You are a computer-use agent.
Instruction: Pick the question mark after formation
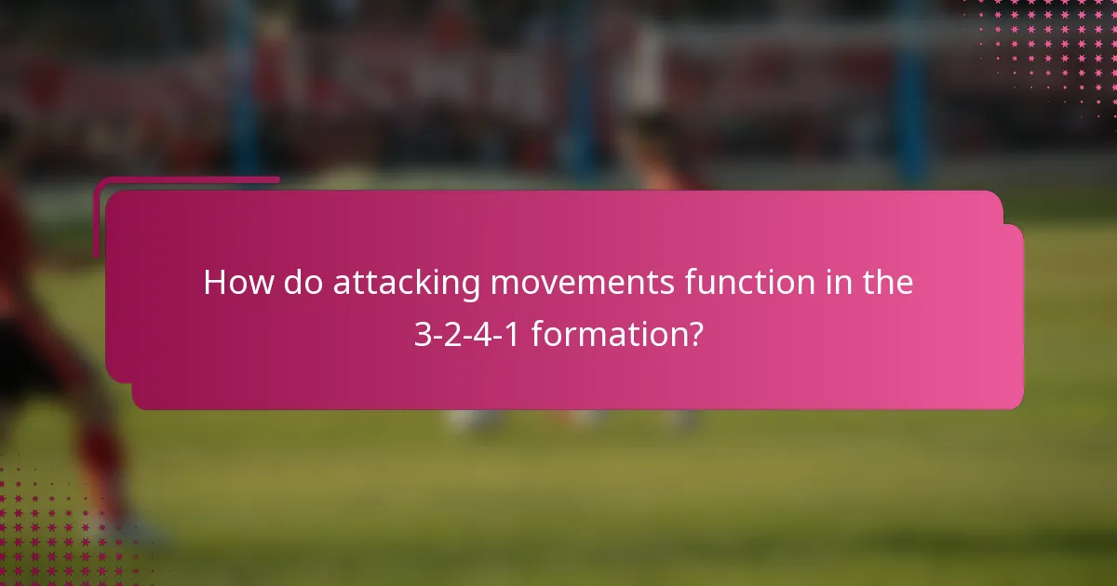point(694,333)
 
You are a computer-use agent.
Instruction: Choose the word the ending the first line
point(884,283)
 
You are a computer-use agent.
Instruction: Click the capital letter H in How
point(214,283)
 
